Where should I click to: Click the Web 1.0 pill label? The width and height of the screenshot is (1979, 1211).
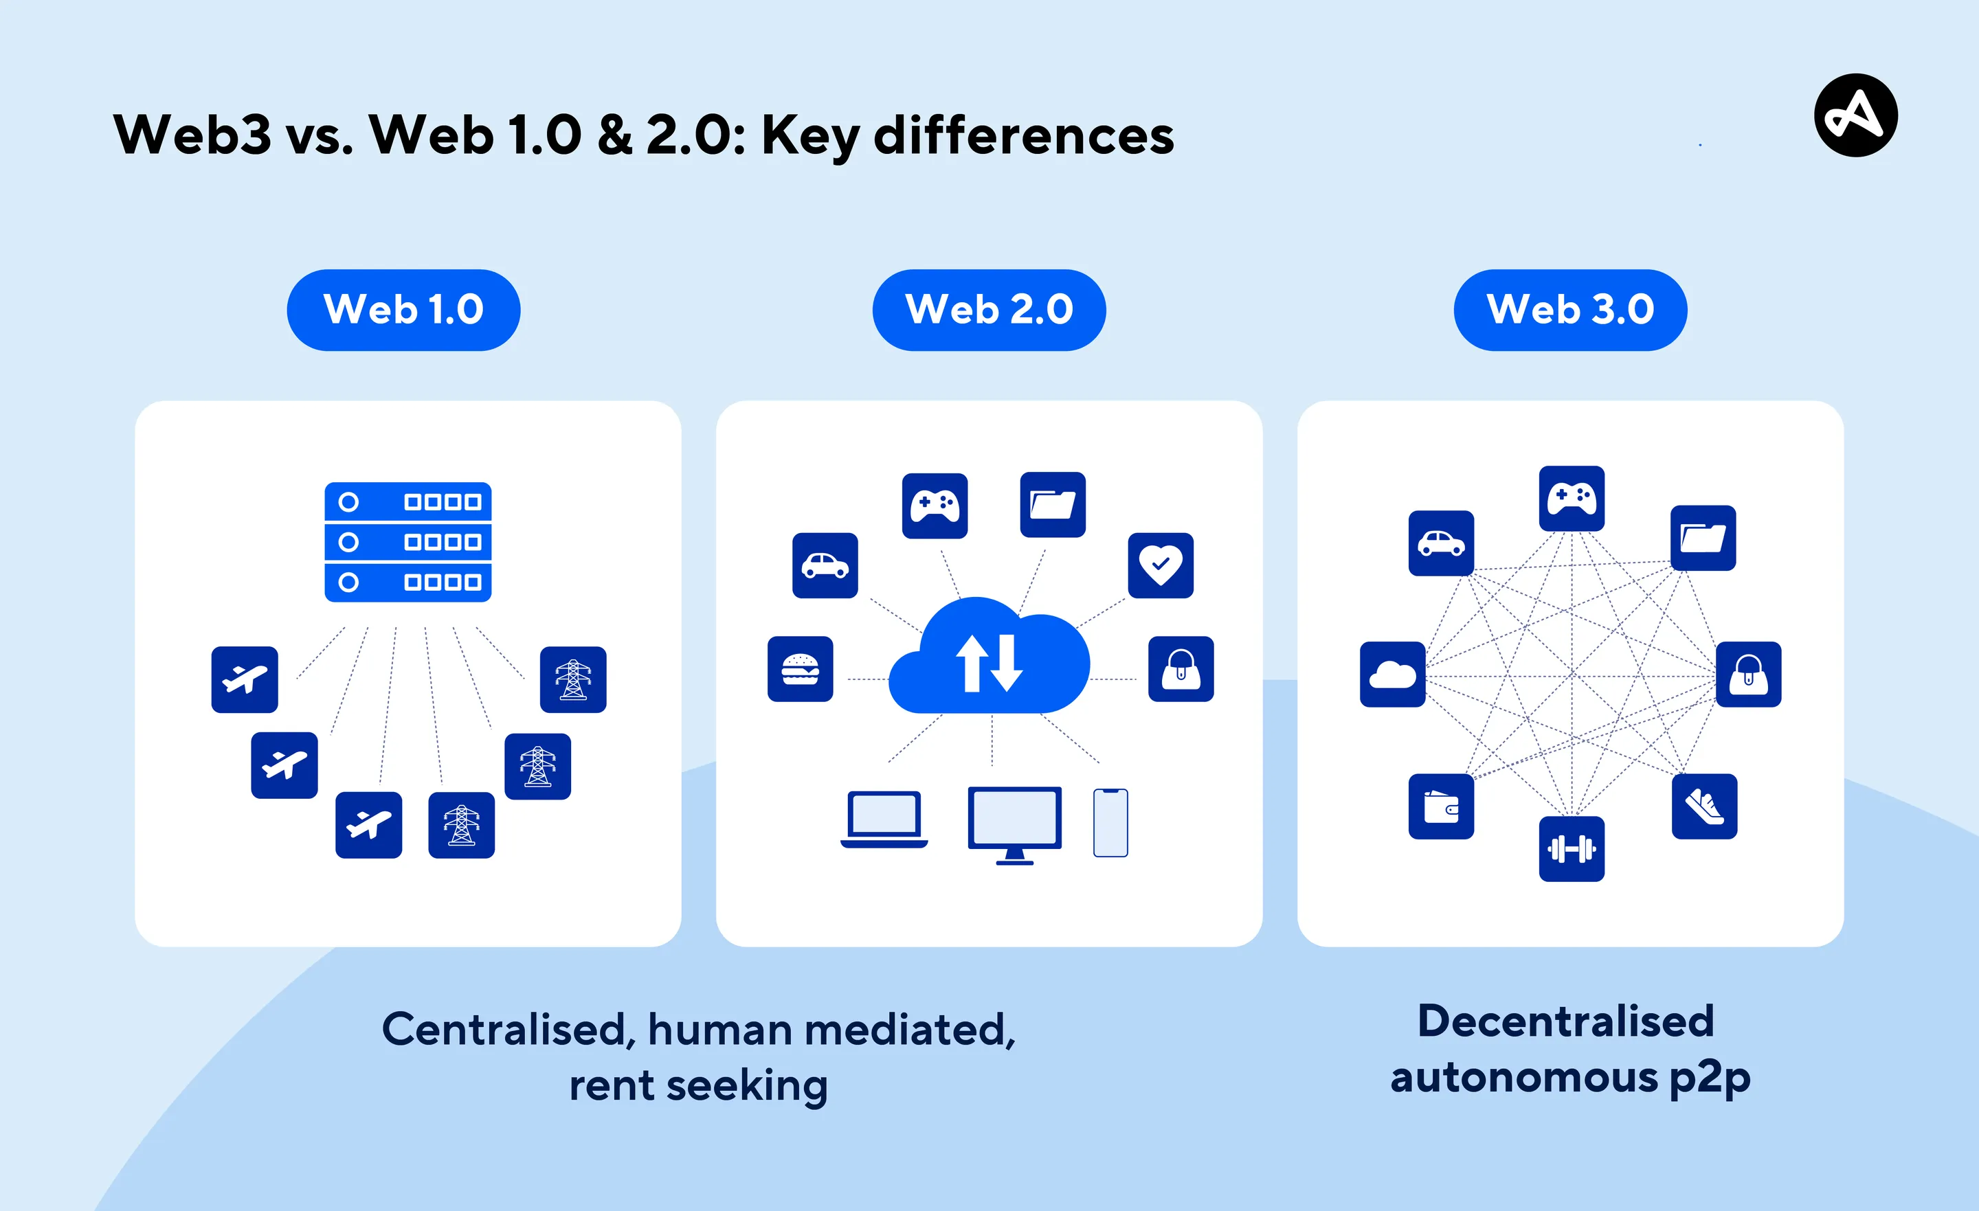tap(403, 310)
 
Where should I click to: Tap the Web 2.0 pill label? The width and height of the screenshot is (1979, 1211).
tap(989, 310)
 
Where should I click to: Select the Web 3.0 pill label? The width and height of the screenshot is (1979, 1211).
tap(1570, 310)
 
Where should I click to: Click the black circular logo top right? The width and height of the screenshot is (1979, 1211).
tap(1855, 115)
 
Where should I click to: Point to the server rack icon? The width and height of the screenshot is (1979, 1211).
tap(408, 542)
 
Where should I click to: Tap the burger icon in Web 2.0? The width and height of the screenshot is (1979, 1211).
tap(800, 669)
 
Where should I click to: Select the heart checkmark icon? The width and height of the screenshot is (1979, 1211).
tap(1161, 565)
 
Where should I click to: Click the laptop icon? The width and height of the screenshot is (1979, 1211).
tap(884, 819)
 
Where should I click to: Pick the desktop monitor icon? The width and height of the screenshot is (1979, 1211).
tap(1014, 824)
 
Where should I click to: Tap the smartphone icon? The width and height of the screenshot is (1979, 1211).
tap(1110, 823)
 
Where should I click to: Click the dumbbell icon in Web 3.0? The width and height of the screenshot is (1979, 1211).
tap(1572, 849)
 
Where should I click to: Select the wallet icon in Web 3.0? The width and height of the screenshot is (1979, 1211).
tap(1441, 806)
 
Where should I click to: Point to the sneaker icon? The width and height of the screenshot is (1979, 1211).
tap(1704, 806)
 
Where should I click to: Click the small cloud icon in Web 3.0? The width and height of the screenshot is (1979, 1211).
tap(1393, 675)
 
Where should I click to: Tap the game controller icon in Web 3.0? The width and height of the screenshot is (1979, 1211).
tap(1572, 498)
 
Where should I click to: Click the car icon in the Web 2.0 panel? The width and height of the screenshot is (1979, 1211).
tap(825, 565)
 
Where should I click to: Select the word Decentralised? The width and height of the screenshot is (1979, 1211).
tap(1565, 1021)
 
